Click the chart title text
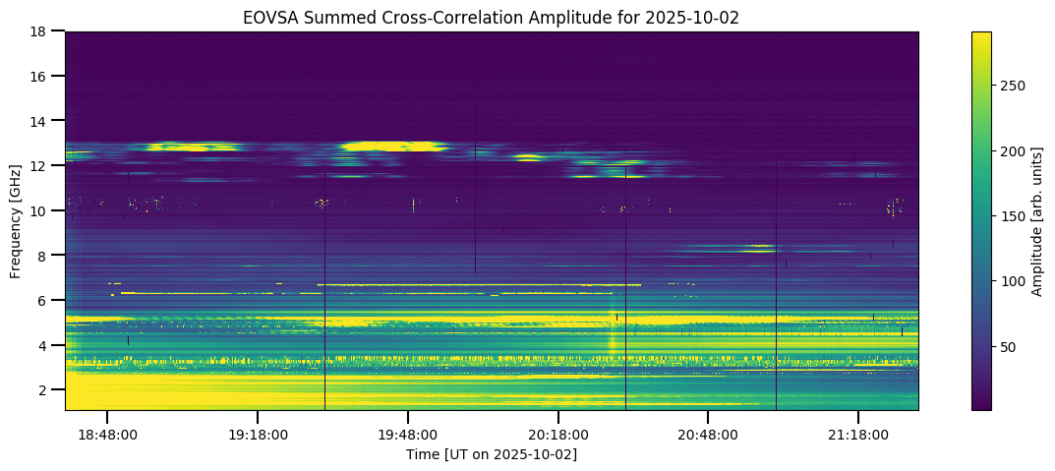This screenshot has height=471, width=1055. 492,18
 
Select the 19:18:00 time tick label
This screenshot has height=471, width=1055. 258,434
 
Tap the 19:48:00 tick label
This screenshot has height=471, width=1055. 408,434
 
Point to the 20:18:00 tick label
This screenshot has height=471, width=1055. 558,434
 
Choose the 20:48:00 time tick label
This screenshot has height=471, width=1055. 708,434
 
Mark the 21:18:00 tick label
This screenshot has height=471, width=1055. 858,434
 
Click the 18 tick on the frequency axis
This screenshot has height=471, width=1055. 42,31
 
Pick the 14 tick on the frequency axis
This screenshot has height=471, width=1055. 42,121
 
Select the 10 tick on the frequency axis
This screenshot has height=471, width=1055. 42,210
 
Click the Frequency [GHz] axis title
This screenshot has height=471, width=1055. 17,220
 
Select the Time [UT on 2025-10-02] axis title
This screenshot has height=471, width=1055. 492,453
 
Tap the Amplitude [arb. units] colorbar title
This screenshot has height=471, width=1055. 1037,220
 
